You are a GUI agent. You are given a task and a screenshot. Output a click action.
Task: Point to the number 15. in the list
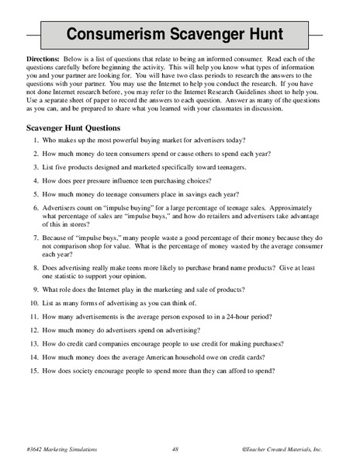[x=34, y=370]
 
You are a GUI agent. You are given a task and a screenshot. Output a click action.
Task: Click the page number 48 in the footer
[x=176, y=449]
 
